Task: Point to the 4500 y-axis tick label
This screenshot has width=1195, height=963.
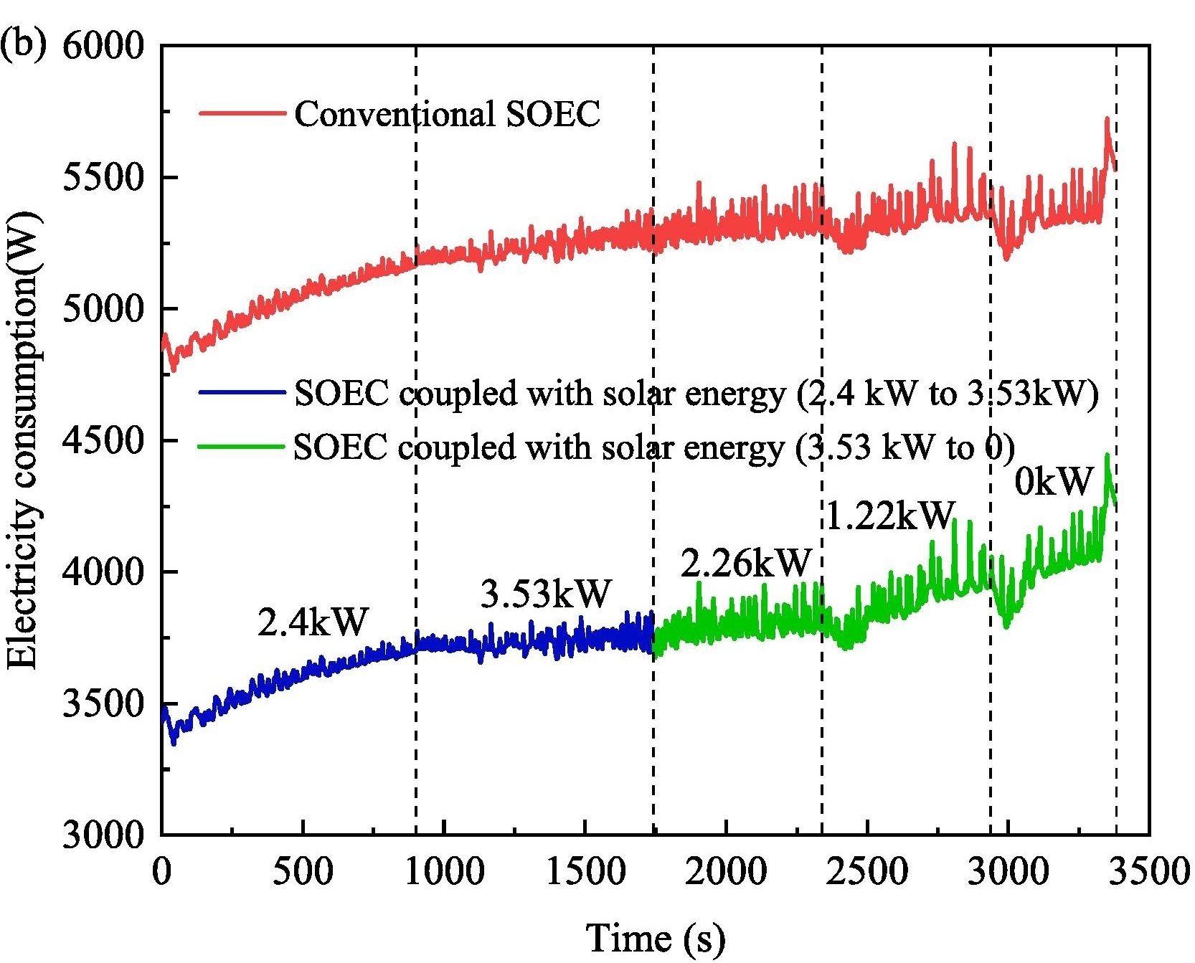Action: click(103, 440)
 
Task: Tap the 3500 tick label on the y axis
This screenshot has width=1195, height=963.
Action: click(103, 703)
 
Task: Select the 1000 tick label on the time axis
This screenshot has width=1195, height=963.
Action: click(444, 872)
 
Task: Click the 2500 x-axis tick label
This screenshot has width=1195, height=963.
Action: click(867, 872)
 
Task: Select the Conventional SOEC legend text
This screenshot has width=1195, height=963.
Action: click(447, 114)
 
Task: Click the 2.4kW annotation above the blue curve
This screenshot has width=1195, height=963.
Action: click(313, 622)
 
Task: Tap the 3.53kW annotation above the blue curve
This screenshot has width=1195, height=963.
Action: click(546, 594)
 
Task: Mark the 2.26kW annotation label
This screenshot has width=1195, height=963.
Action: click(746, 564)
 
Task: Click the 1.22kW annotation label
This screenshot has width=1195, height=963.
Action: click(890, 515)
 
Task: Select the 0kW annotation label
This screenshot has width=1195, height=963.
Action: click(1054, 482)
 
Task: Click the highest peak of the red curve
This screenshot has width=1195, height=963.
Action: click(1107, 118)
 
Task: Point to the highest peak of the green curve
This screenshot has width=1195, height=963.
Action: click(1107, 455)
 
